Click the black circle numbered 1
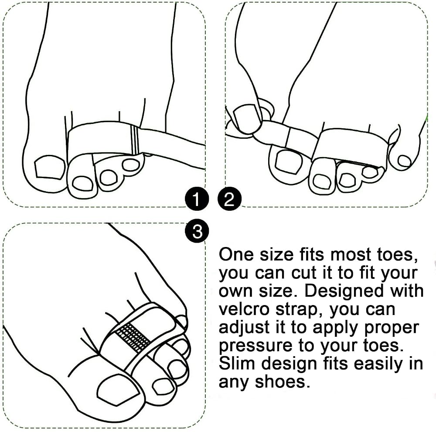pos(196,199)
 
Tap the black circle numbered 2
pos(229,199)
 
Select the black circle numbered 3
pos(197,231)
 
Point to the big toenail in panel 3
pos(118,390)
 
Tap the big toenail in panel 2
pos(289,162)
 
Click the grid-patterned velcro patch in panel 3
pos(133,338)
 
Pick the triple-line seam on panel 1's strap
pos(135,139)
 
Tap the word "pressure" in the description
pos(255,346)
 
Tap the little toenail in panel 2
pos(404,161)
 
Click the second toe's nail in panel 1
pos(82,184)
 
